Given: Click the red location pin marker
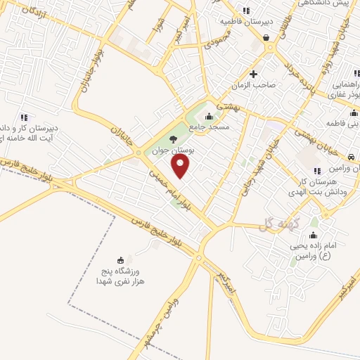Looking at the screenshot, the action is (181, 166).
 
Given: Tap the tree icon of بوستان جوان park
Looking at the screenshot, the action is (173, 139).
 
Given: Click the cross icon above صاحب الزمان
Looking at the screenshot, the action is (254, 74).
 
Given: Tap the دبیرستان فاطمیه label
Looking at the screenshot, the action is (245, 22).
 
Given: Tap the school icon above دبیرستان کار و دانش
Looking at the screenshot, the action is (23, 117).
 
